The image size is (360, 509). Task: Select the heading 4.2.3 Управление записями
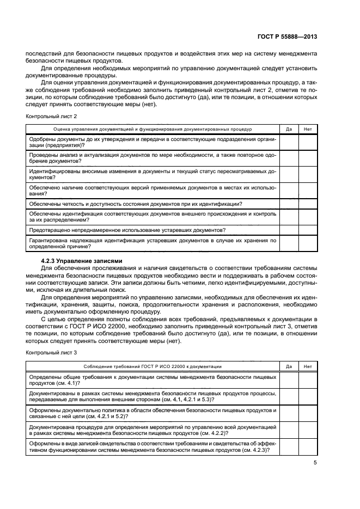click(83, 261)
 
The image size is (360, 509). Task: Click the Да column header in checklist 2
click(289, 130)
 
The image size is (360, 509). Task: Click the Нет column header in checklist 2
click(308, 130)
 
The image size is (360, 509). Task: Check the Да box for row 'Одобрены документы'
click(289, 142)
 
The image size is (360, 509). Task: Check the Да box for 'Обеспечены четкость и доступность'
click(289, 204)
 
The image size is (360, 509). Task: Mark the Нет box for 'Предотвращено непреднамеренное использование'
click(308, 230)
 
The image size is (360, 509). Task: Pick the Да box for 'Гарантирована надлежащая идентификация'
click(289, 243)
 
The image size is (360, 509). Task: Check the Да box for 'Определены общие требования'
click(289, 379)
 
